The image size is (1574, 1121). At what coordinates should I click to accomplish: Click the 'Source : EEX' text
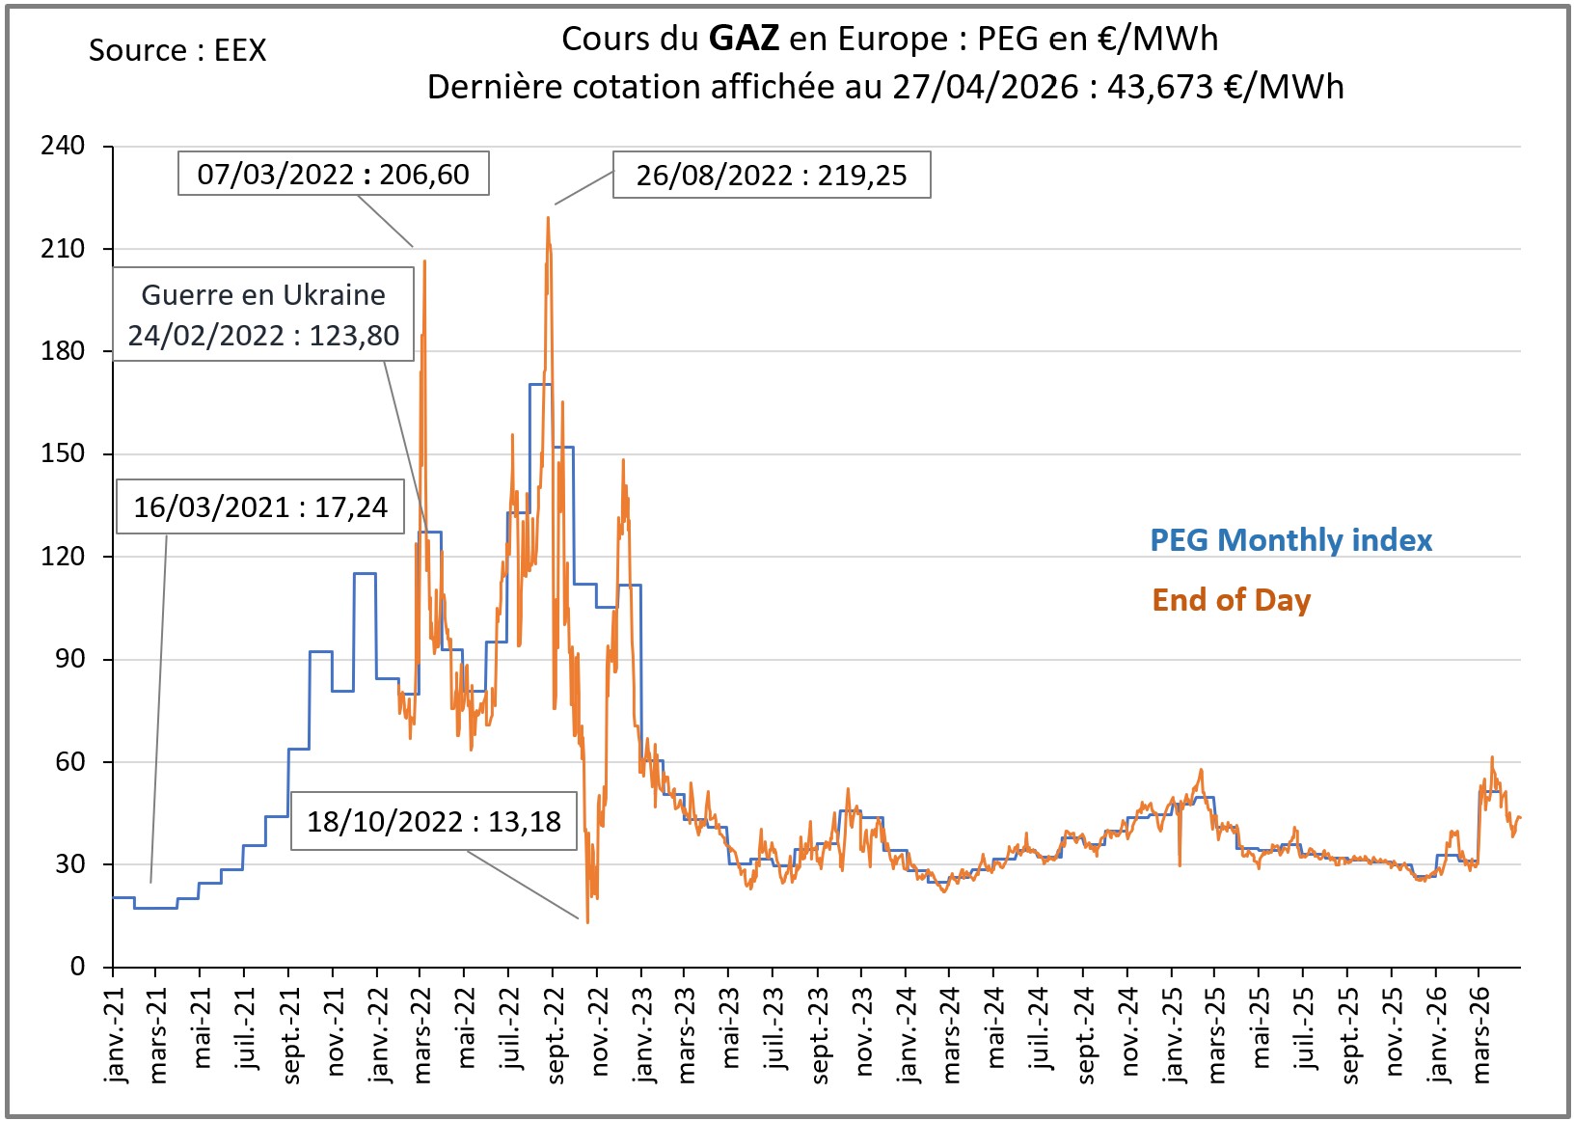click(177, 50)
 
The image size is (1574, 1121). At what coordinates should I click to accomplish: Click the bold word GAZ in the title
click(743, 39)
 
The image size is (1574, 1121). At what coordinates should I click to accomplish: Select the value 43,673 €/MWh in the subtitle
click(1225, 87)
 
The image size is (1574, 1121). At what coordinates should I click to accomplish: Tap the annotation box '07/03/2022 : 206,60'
click(333, 174)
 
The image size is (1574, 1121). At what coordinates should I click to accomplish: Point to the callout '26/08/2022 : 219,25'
click(772, 175)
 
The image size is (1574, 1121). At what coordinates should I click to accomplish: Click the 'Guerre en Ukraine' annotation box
click(263, 314)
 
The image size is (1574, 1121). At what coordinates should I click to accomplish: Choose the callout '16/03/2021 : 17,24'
click(260, 506)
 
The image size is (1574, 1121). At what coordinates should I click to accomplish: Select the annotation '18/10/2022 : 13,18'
click(434, 821)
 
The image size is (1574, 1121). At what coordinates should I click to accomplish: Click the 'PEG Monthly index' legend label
click(1290, 540)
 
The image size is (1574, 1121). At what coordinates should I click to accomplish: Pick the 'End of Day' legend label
click(1231, 600)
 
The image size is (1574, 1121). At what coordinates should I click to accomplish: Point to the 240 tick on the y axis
click(63, 146)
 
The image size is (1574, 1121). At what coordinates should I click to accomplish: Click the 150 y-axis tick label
click(63, 453)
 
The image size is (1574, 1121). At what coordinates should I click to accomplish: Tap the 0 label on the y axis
click(77, 967)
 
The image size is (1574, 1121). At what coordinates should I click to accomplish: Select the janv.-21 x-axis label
click(117, 1034)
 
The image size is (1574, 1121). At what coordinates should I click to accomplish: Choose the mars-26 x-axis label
click(1482, 1035)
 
